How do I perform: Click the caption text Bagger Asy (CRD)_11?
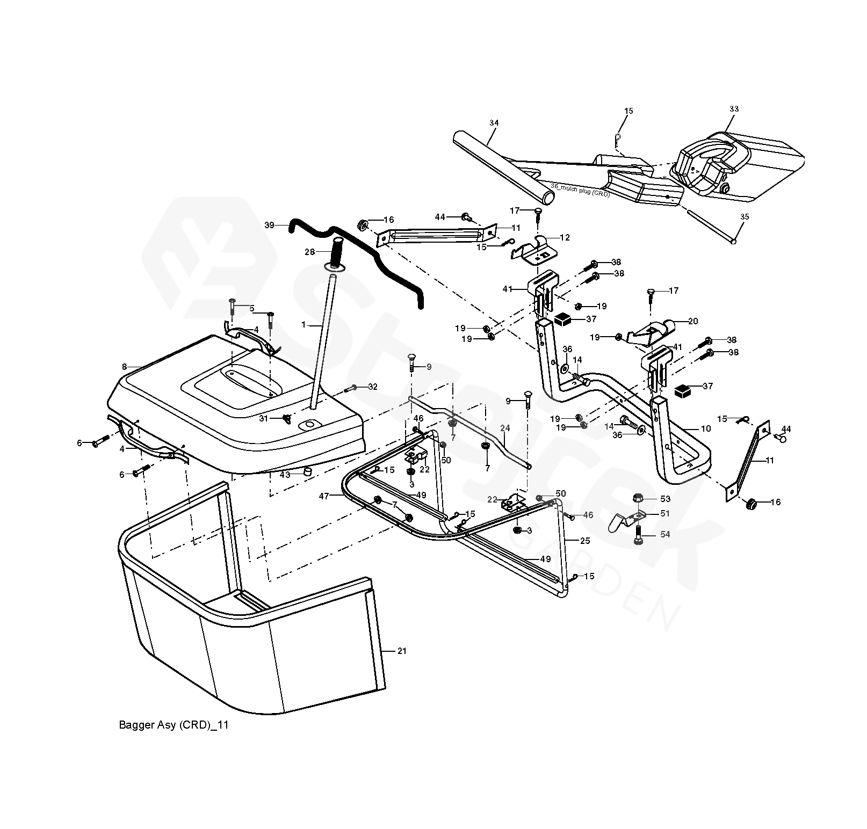coord(174,725)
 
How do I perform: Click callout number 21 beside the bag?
coord(402,651)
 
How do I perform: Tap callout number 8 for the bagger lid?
coord(124,367)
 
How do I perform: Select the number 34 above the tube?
coord(494,123)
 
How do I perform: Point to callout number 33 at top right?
coord(734,109)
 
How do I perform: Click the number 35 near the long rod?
coord(745,217)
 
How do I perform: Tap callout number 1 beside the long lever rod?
coord(304,325)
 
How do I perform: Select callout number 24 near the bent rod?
coord(504,428)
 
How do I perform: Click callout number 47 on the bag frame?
coord(323,497)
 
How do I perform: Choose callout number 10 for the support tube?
coord(705,428)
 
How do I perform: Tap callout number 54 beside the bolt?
coord(665,535)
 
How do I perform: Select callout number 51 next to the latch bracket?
coord(665,514)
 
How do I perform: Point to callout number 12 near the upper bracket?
coord(565,237)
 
